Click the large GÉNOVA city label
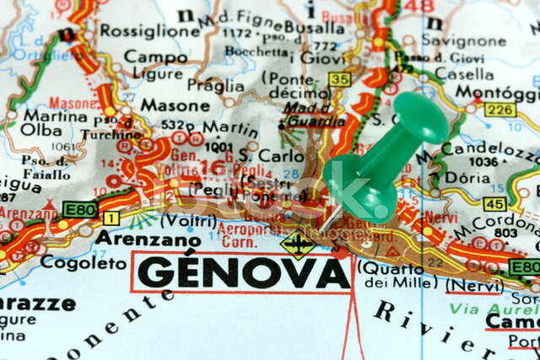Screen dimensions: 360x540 [244, 272]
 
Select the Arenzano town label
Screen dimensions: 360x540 [135, 238]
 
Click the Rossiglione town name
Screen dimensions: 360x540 [149, 30]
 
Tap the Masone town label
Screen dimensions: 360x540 [175, 105]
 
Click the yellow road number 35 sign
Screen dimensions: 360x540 [339, 79]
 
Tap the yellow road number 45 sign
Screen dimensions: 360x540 [494, 203]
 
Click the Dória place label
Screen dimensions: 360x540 [467, 178]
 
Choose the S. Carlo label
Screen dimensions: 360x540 [259, 156]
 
